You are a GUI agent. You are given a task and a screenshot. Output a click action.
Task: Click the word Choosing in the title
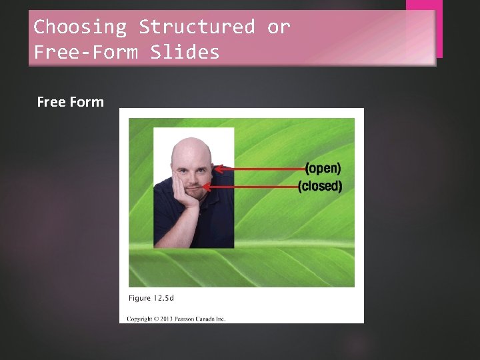click(x=80, y=27)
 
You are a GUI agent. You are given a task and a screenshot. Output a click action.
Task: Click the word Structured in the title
click(x=197, y=27)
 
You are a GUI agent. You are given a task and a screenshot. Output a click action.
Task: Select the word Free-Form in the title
click(x=85, y=52)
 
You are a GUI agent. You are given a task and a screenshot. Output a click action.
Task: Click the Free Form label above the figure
click(x=71, y=102)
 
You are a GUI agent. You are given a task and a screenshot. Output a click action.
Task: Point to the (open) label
click(x=323, y=168)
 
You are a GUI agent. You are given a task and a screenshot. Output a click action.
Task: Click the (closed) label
click(x=319, y=186)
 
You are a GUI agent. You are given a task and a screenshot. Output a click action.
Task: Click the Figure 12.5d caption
click(x=152, y=297)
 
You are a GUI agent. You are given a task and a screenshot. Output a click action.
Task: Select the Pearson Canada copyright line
click(x=177, y=319)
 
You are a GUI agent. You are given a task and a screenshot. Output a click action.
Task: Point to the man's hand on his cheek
click(x=181, y=187)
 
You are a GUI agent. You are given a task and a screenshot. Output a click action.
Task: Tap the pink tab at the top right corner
click(x=424, y=27)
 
